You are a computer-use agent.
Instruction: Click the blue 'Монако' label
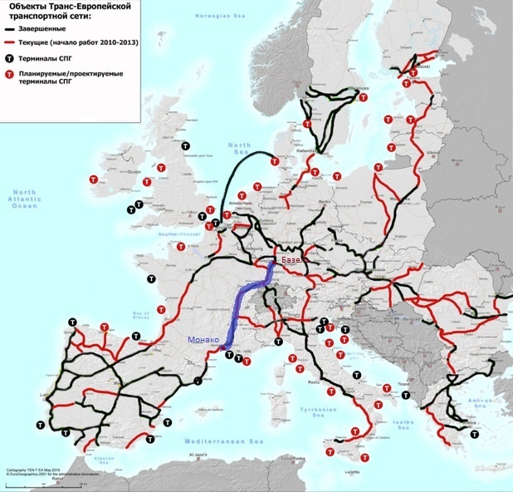(x=204, y=339)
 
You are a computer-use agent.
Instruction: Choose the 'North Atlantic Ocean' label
(x=24, y=199)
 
